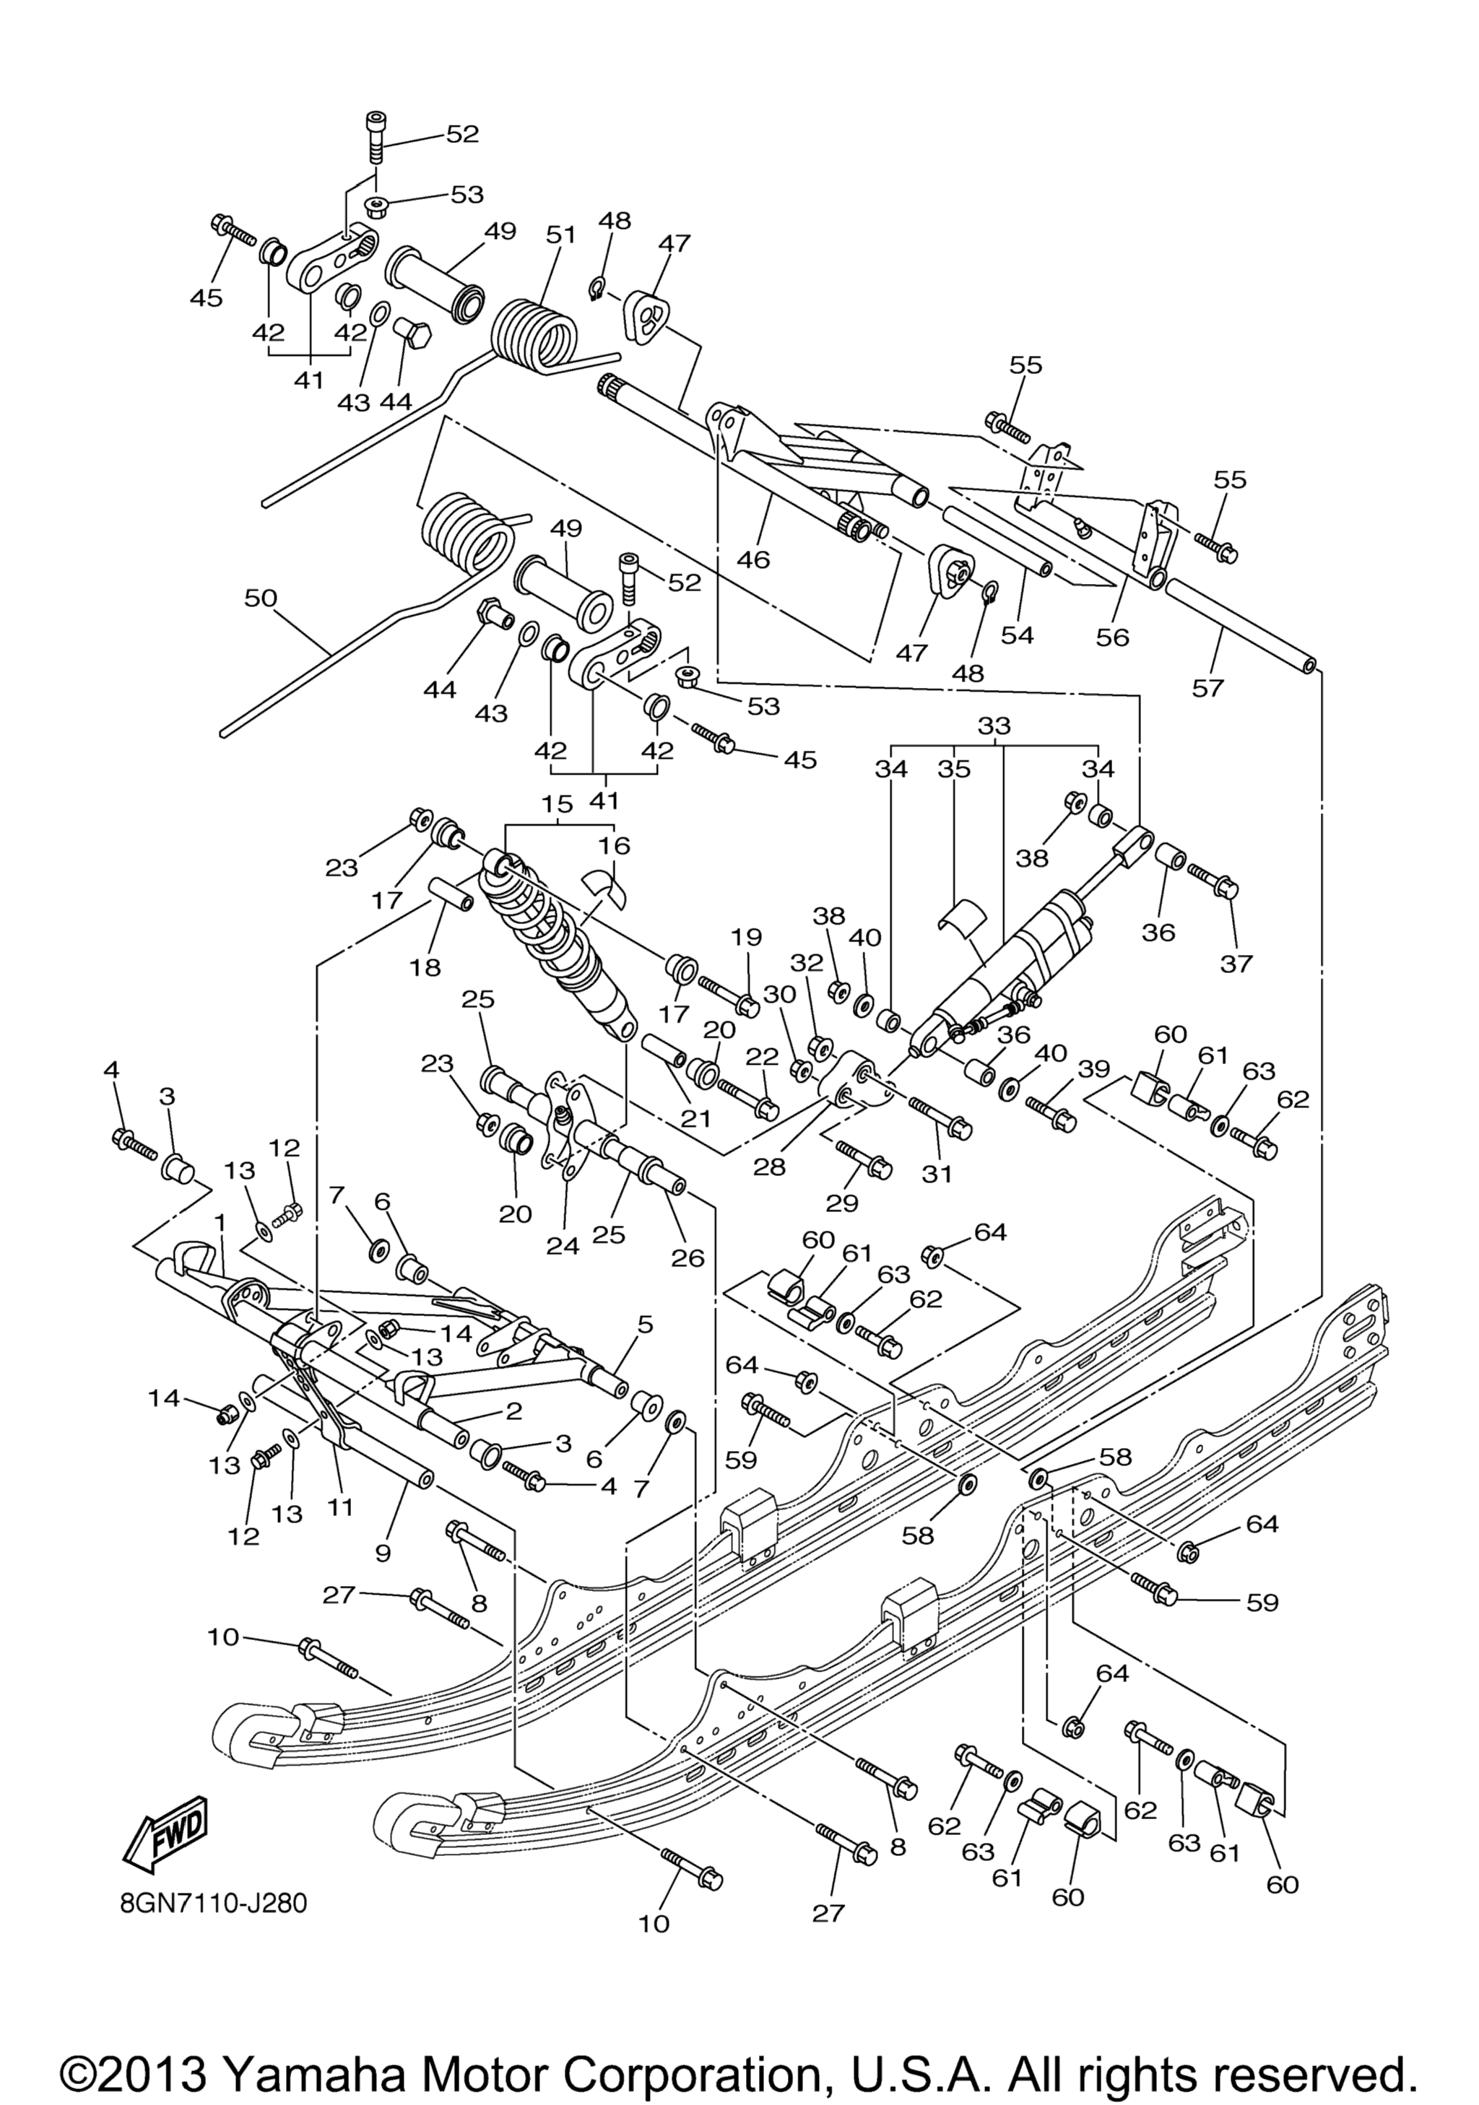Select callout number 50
click(x=261, y=598)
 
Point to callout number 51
click(x=560, y=235)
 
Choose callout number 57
click(x=1207, y=688)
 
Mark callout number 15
click(x=558, y=804)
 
